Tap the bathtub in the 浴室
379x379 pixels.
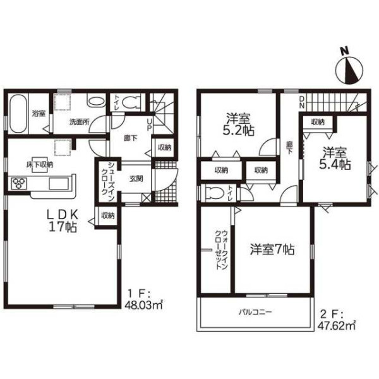click(x=18, y=113)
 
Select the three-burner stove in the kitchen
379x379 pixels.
click(x=18, y=183)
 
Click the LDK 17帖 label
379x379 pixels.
click(x=63, y=220)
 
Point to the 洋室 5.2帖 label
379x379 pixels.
click(x=238, y=124)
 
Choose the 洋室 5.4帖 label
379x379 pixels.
click(x=335, y=159)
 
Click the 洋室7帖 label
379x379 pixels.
click(x=272, y=250)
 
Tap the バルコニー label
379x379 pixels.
click(x=255, y=312)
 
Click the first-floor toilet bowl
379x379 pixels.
click(x=131, y=102)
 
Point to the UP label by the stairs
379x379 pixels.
click(x=149, y=124)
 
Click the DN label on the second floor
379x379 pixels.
click(x=302, y=102)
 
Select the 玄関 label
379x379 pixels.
click(x=136, y=179)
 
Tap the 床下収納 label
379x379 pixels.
click(x=40, y=165)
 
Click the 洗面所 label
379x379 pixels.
click(x=80, y=122)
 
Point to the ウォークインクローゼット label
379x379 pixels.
click(x=222, y=250)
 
